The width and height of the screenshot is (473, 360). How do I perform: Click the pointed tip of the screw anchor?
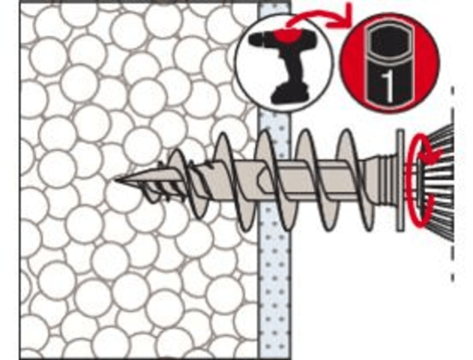tap(116, 181)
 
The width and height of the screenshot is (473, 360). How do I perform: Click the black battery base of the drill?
tap(290, 95)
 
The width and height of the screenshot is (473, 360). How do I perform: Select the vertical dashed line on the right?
tap(453, 184)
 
